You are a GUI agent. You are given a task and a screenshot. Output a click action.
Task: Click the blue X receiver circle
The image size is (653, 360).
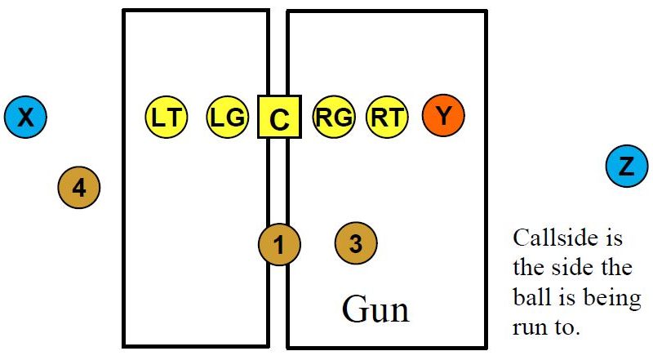tap(25, 118)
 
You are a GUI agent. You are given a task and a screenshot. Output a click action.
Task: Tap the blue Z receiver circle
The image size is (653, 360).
tap(626, 167)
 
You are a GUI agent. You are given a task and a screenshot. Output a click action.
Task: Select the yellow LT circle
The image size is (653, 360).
tap(167, 118)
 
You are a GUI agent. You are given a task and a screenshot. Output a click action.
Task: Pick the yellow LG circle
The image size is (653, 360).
tap(227, 118)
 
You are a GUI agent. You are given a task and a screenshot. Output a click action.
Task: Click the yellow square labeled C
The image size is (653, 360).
tap(279, 118)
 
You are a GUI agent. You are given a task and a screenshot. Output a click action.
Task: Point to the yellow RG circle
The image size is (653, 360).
tap(334, 118)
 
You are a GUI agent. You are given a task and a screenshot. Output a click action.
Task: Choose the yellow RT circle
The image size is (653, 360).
tap(387, 118)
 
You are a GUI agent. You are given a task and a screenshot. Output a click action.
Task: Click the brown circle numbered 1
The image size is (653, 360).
tap(279, 244)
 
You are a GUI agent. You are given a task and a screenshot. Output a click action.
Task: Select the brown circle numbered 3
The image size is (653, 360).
tap(356, 242)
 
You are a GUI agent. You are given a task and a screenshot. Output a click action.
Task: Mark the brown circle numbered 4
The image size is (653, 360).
tap(78, 188)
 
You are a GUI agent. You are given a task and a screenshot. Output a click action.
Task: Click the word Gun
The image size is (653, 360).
tap(375, 309)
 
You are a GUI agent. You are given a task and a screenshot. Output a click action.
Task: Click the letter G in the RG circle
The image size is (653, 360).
tap(343, 118)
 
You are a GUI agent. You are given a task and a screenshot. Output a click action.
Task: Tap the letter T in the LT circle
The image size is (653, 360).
tap(174, 118)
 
